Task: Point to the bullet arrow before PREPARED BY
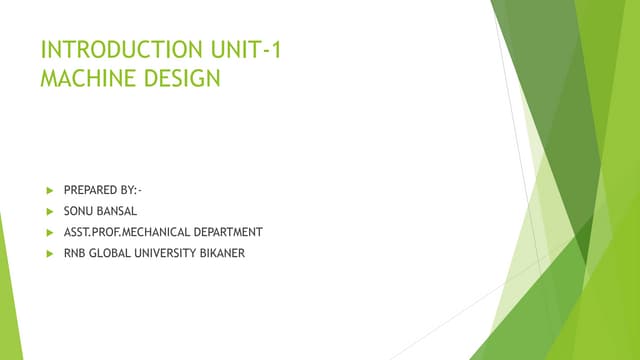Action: point(48,189)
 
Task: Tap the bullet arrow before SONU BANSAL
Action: point(48,210)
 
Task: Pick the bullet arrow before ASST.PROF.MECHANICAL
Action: point(48,232)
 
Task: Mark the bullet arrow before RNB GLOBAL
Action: point(48,253)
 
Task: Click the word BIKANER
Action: point(221,253)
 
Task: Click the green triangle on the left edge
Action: point(9,290)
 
